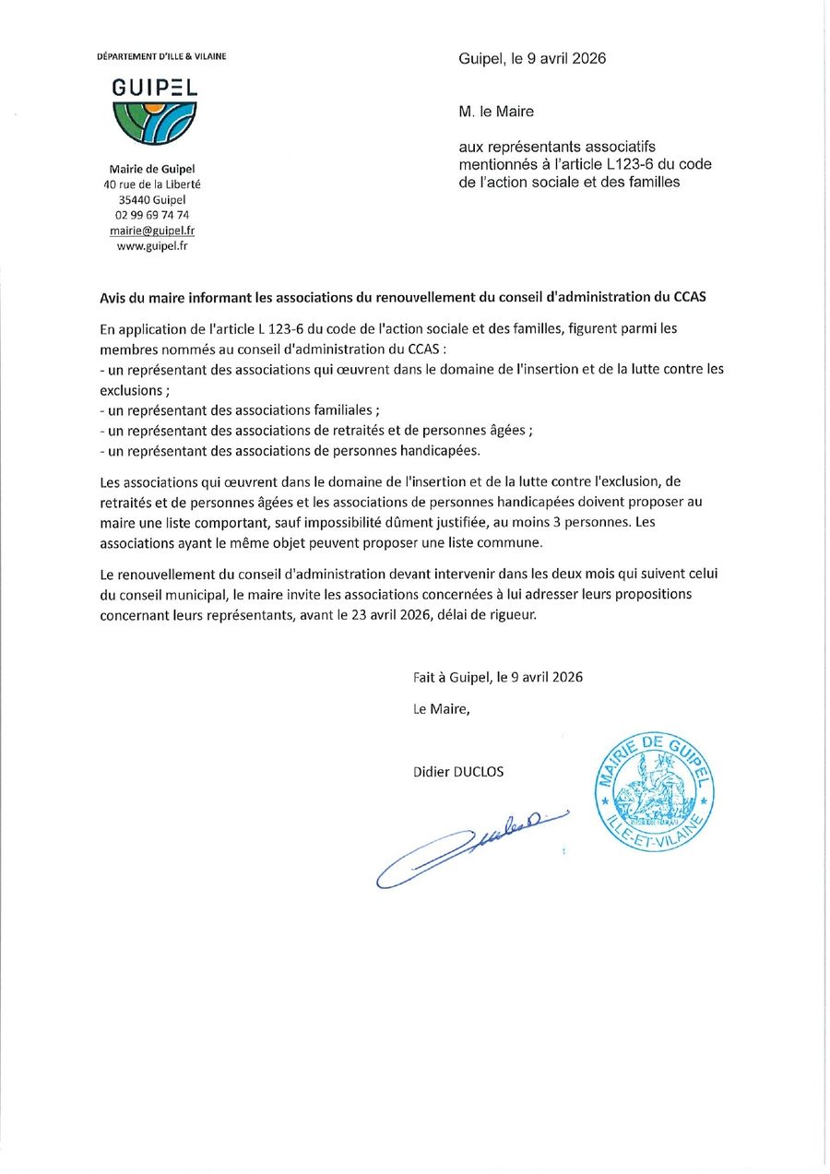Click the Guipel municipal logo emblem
tap(154, 123)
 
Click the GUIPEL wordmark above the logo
tap(154, 89)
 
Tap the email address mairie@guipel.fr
tap(152, 231)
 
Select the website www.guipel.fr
tap(152, 246)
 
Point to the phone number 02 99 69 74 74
tap(152, 215)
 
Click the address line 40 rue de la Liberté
tap(152, 184)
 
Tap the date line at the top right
tap(532, 59)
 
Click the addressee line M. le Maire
tap(496, 112)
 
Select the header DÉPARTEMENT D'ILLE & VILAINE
tap(161, 56)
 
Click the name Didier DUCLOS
tap(458, 772)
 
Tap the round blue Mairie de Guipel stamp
tap(653, 789)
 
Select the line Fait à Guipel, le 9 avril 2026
tap(498, 677)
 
